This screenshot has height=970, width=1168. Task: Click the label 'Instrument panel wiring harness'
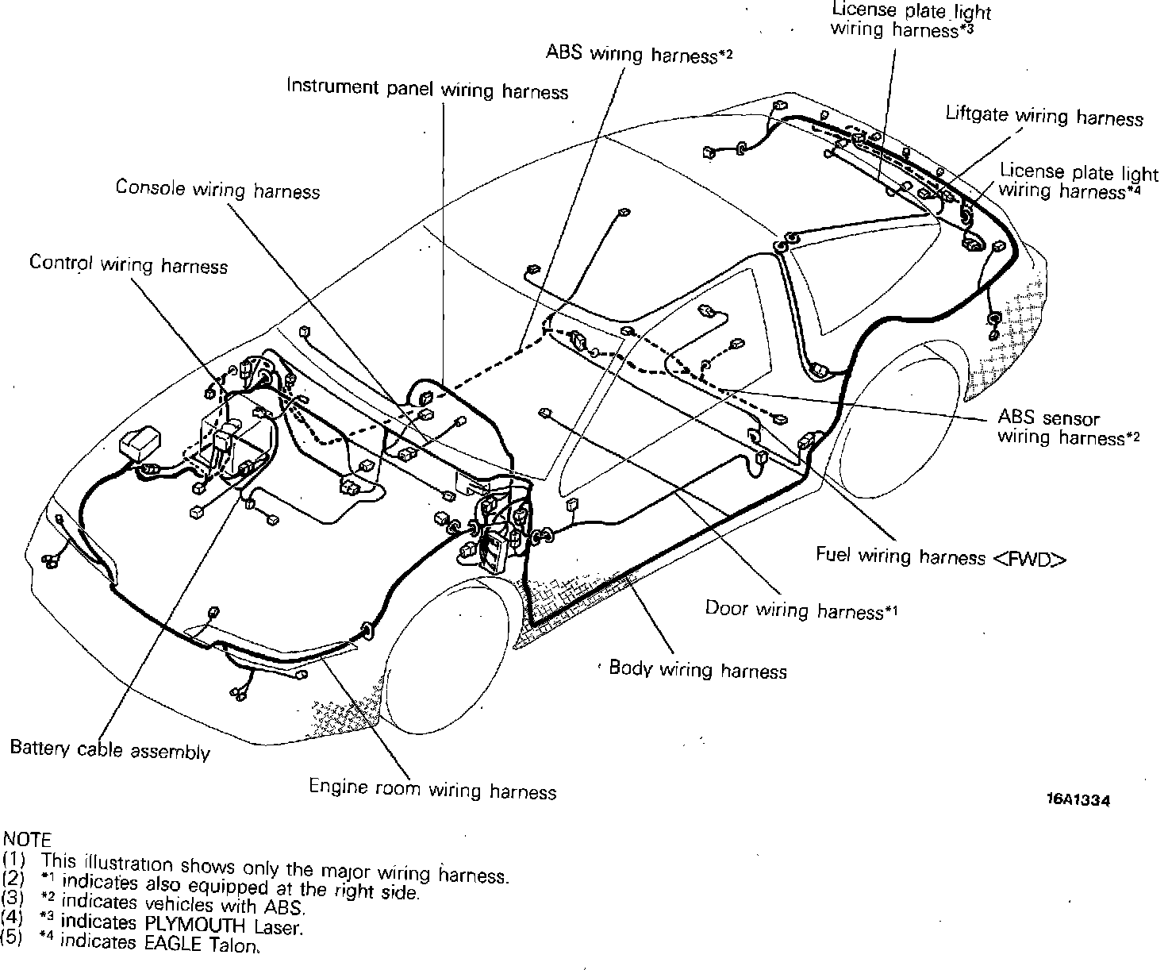click(427, 89)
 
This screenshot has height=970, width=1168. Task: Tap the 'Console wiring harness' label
click(217, 190)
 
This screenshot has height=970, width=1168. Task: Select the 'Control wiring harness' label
click(129, 264)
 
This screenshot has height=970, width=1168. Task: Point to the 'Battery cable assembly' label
click(109, 750)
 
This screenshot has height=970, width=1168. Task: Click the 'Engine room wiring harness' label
click(432, 789)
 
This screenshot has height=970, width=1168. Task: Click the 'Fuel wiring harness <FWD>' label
click(940, 557)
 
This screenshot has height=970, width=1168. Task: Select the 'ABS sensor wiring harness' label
click(1068, 428)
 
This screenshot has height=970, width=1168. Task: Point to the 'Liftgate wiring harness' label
click(1043, 117)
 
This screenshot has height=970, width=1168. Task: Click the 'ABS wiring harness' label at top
click(638, 54)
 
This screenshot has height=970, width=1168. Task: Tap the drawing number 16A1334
click(1077, 800)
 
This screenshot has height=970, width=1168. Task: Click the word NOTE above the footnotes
click(27, 838)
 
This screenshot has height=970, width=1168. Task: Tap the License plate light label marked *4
click(1078, 181)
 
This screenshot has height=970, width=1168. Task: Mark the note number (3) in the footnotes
click(13, 898)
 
